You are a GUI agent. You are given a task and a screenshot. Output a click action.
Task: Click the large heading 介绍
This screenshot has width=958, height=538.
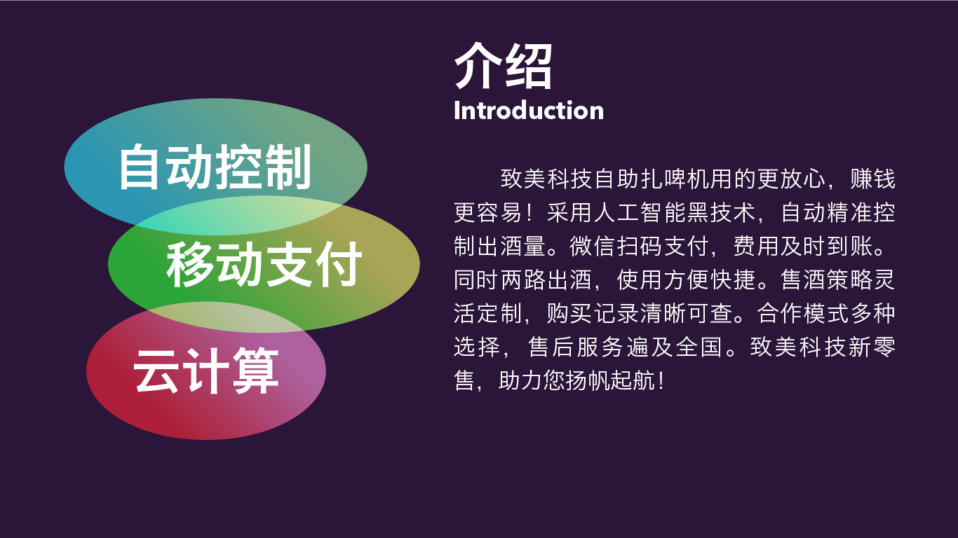point(504,66)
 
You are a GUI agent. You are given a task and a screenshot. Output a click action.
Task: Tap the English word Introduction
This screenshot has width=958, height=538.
point(529,111)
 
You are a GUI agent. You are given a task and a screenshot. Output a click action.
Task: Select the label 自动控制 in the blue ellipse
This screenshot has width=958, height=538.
point(215,167)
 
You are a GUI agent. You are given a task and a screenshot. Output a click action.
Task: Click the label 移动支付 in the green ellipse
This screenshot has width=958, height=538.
point(264,264)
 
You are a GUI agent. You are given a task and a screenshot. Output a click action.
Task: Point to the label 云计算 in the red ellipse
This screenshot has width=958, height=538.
point(206,371)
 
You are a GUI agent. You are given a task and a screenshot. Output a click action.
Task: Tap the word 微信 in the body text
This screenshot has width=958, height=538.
point(593,246)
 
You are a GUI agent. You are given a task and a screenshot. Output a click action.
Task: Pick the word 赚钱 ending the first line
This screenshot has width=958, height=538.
point(872,179)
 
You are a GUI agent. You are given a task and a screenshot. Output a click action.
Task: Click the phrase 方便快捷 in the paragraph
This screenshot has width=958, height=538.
point(710,280)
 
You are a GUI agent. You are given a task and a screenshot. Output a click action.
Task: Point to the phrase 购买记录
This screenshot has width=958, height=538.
point(593,313)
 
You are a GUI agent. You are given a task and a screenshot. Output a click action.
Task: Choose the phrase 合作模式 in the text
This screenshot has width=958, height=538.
point(803,313)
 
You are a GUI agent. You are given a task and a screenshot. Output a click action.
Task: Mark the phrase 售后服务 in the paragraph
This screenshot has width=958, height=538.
point(576,347)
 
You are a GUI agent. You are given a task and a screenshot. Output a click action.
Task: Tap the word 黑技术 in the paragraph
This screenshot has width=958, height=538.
point(721,212)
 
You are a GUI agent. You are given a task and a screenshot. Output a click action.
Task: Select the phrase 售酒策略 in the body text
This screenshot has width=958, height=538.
point(826,280)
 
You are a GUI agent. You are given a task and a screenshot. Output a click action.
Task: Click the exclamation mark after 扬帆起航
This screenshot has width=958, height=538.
point(661,380)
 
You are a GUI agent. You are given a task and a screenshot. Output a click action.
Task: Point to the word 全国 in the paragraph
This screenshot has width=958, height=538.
point(699,347)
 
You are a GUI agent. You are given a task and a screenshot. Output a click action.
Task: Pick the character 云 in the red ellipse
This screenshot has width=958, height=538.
point(156,371)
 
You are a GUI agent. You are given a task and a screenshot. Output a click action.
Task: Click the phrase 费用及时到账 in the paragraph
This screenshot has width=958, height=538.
point(803,246)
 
